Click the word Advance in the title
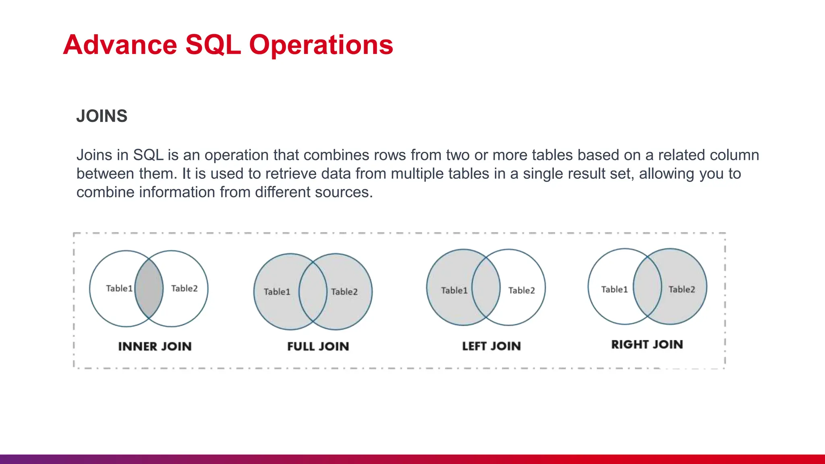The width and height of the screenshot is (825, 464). click(120, 45)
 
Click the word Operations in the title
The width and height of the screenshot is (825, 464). click(321, 45)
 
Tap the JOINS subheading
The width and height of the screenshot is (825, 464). click(102, 116)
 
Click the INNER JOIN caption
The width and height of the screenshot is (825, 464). click(155, 346)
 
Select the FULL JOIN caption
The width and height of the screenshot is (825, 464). click(318, 346)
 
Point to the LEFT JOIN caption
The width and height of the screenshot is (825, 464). click(491, 346)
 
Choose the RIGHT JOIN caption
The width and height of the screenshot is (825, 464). click(647, 344)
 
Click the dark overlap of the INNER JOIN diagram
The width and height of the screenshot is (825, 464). click(149, 288)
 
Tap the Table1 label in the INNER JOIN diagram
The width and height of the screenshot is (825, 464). click(119, 288)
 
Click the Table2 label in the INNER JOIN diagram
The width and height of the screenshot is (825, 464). click(184, 288)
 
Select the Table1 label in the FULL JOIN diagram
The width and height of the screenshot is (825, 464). click(277, 292)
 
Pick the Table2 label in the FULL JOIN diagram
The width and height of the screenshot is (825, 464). click(344, 292)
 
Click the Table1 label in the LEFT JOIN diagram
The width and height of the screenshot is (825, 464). click(454, 290)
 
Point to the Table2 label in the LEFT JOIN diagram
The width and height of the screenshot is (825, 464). click(521, 290)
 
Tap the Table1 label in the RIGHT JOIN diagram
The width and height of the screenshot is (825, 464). click(614, 289)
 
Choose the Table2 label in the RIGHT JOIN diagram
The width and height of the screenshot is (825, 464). click(682, 289)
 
